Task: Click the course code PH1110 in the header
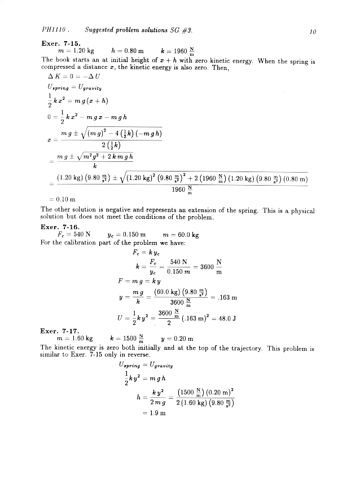click(x=54, y=29)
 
